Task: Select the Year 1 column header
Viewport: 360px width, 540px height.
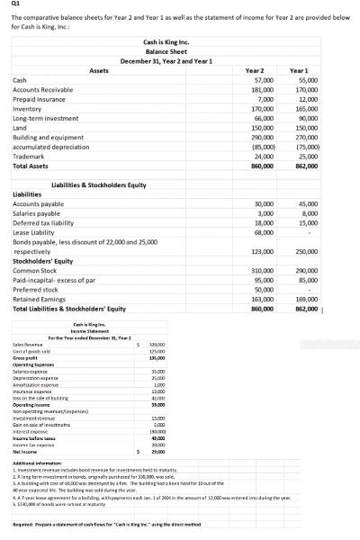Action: point(305,69)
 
